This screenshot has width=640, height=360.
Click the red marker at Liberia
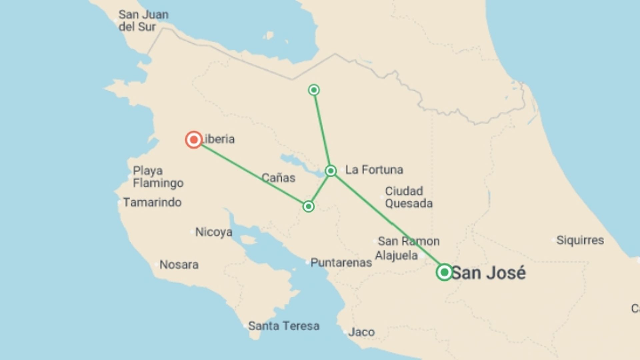point(194,139)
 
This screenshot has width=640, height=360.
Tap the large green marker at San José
point(444,272)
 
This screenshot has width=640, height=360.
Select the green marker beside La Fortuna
point(331,171)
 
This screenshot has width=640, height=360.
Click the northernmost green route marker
point(314,90)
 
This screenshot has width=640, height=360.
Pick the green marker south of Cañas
point(308,207)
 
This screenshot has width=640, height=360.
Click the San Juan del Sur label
point(143,20)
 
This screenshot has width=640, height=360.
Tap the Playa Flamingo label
point(158,177)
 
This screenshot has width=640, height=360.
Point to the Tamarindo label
point(152,202)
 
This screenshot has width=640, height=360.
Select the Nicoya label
point(214,232)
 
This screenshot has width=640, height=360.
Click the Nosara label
point(179,265)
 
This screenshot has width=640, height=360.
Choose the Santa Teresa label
point(284,326)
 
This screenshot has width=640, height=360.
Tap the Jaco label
point(361,332)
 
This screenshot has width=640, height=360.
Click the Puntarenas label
point(341,263)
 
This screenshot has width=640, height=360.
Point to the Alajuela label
point(396,256)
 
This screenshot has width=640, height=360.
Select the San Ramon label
point(409,241)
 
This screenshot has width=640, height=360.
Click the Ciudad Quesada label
point(409,197)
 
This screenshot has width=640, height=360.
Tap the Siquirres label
point(580,240)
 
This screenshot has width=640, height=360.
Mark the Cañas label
point(278,178)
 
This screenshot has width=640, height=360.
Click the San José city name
point(489,273)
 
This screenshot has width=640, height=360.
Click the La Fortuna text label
point(374,170)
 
